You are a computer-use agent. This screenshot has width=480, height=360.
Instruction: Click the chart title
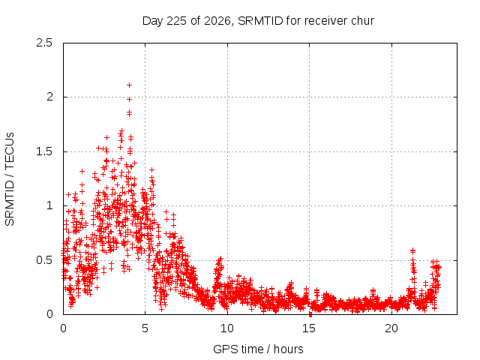[x=258, y=21]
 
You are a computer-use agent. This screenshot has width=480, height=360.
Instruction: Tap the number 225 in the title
[x=177, y=21]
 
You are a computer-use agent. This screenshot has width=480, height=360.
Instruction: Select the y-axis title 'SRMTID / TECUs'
[x=10, y=179]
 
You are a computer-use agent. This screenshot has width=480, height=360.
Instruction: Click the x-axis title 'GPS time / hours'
[x=258, y=349]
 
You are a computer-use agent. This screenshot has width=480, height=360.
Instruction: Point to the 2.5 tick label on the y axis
[x=44, y=43]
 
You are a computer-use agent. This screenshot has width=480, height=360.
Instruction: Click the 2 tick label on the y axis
[x=50, y=97]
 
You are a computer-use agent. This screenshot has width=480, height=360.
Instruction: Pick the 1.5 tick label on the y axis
[x=45, y=151]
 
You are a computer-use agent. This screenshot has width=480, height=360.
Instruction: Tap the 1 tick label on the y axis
[x=50, y=205]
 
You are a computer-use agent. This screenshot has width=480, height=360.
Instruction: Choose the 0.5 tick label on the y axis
[x=44, y=260]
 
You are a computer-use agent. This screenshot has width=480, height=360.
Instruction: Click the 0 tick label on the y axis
[x=50, y=314]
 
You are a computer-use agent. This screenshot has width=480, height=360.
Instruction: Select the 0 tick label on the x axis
[x=63, y=328]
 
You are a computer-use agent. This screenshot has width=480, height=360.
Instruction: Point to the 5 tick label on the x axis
[x=145, y=328]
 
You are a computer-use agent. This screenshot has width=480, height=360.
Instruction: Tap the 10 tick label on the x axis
[x=227, y=328]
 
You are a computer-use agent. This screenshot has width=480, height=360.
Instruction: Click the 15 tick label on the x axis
[x=309, y=328]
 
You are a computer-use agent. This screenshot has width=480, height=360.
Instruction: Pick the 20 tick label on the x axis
[x=391, y=328]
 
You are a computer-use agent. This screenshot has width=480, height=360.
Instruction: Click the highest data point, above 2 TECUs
[x=129, y=85]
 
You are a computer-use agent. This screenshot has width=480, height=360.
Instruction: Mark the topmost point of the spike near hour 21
[x=413, y=250]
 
